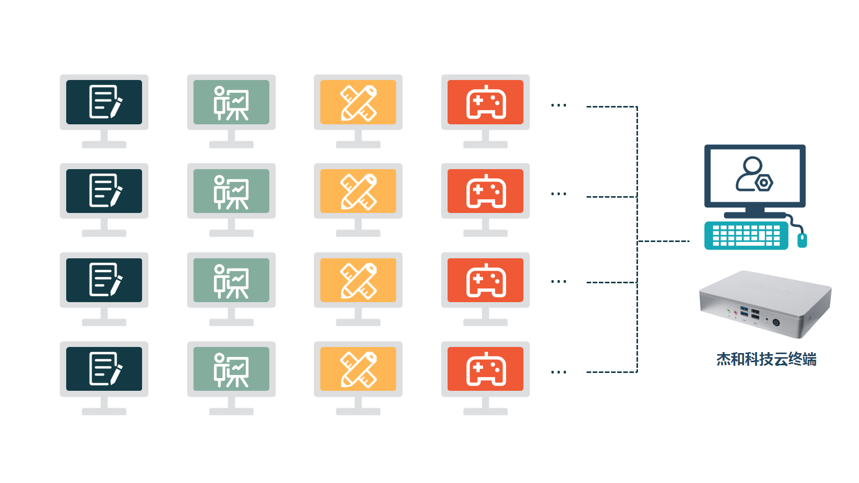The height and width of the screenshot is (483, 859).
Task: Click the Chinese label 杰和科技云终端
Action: click(x=766, y=359)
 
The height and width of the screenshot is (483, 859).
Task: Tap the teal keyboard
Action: click(x=746, y=235)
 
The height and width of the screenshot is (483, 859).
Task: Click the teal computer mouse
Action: click(x=802, y=239)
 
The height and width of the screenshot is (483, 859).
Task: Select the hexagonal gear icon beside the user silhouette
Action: click(x=764, y=182)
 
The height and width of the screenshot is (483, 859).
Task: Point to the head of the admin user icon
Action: click(x=752, y=165)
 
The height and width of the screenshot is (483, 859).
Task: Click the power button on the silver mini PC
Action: click(x=776, y=322)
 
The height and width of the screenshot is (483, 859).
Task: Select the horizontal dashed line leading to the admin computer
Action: click(x=663, y=241)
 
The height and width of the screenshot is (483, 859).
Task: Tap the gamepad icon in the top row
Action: click(x=486, y=102)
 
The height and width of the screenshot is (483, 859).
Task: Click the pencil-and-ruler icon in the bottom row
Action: click(x=358, y=369)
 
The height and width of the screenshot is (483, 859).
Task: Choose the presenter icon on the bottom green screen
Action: click(x=231, y=369)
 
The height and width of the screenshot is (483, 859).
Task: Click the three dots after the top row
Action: click(x=559, y=105)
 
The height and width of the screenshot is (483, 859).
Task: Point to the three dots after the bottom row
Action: click(x=559, y=372)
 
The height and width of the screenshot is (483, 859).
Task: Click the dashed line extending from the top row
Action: click(x=611, y=107)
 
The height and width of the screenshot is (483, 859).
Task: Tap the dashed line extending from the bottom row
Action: click(x=611, y=372)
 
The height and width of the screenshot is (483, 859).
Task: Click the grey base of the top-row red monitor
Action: click(x=485, y=145)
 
